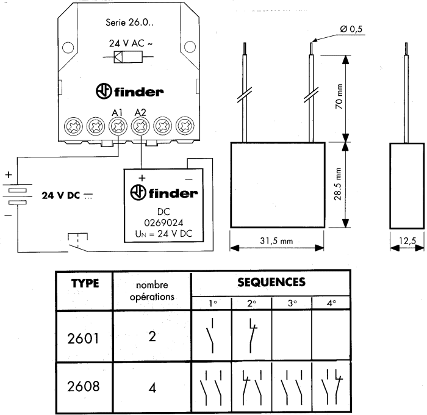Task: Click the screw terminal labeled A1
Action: pyautogui.click(x=118, y=127)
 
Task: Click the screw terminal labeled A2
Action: pyautogui.click(x=140, y=127)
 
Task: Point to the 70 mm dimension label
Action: pyautogui.click(x=357, y=98)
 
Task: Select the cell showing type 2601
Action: pyautogui.click(x=85, y=338)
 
